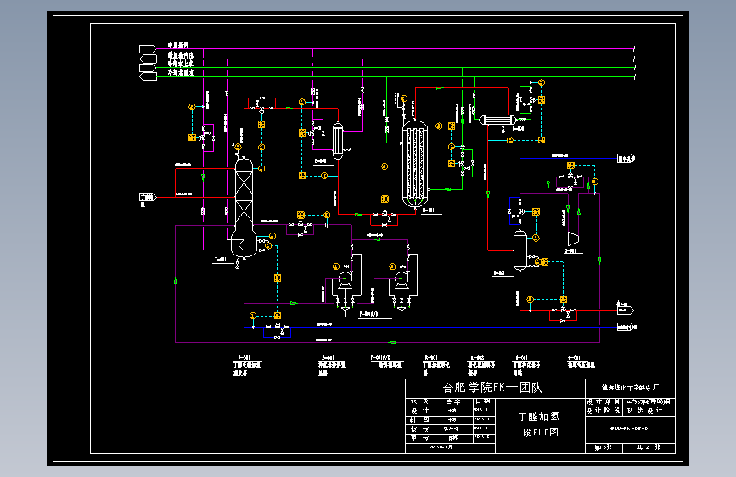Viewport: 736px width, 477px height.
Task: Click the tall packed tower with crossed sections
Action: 244,199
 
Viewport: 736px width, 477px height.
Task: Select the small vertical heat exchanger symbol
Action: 338,141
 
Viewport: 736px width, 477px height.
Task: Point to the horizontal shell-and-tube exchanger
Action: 493,120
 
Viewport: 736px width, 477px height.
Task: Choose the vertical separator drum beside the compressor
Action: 520,247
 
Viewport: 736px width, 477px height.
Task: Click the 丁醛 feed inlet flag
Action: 147,198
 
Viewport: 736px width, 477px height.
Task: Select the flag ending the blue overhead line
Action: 627,158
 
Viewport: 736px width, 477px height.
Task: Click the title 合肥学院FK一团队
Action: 492,388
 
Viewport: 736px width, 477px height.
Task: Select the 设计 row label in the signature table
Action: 414,410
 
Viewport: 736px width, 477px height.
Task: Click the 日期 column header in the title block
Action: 481,401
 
